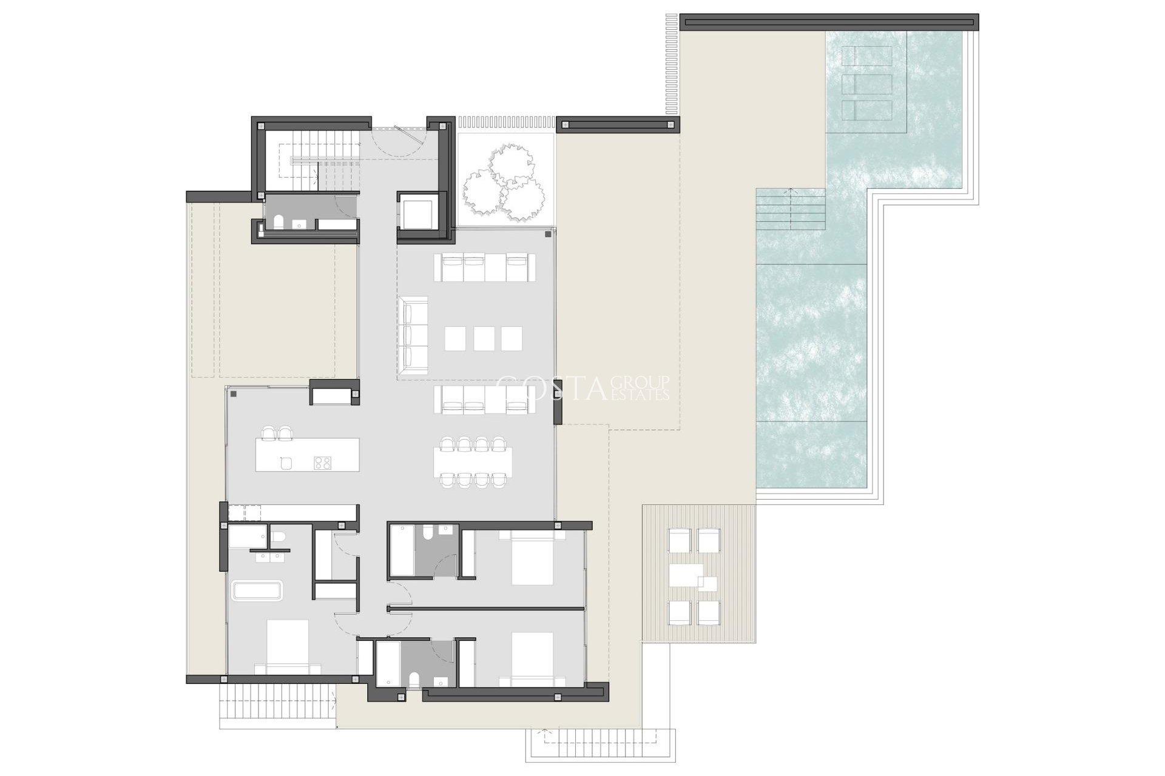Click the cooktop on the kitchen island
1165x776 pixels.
pyautogui.click(x=323, y=463)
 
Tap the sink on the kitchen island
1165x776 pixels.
pyautogui.click(x=286, y=463)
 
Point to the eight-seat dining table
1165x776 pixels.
pyautogui.click(x=473, y=463)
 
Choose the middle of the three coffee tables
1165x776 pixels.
pyautogui.click(x=484, y=338)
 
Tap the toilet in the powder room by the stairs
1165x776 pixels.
pyautogui.click(x=279, y=222)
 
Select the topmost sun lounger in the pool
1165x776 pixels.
pyautogui.click(x=867, y=56)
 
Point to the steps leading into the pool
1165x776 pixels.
pyautogui.click(x=791, y=209)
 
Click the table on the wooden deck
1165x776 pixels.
pyautogui.click(x=686, y=575)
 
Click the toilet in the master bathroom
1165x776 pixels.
pyautogui.click(x=279, y=537)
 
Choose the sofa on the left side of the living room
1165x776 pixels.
pyautogui.click(x=414, y=331)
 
